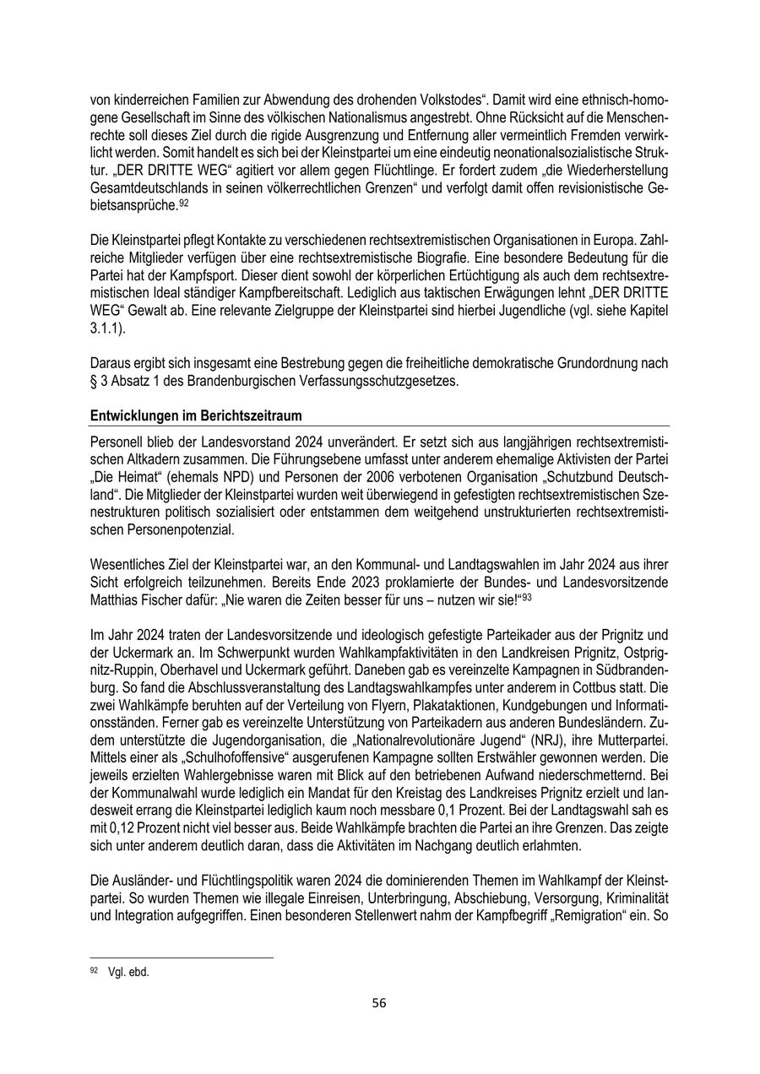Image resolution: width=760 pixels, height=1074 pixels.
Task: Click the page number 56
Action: click(379, 1003)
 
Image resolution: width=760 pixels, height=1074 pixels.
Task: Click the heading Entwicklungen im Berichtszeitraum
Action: click(195, 416)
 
